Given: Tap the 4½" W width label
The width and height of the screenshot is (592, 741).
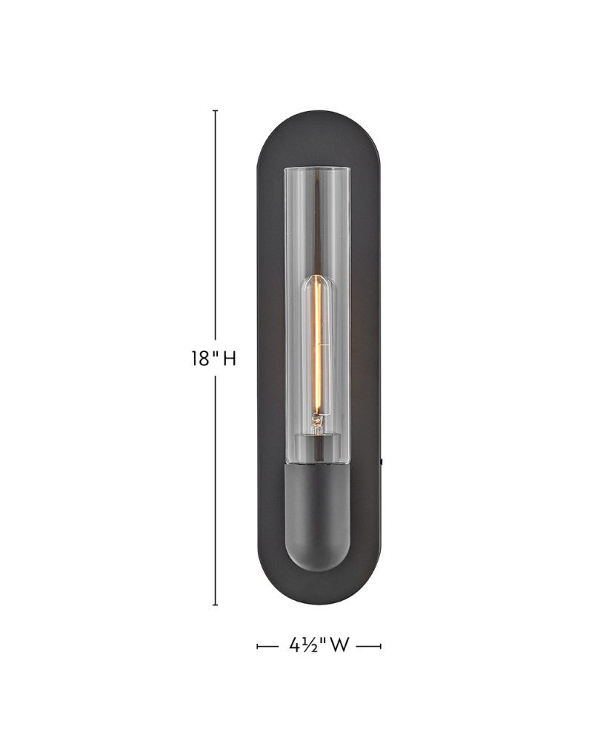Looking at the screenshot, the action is point(319,645).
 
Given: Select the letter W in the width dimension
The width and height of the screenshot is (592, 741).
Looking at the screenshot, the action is point(339,645).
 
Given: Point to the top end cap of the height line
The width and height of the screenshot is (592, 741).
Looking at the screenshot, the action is point(216,110).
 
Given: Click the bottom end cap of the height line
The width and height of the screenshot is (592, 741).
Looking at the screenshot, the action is point(216,605).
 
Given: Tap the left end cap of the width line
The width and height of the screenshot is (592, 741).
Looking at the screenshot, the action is point(257,646).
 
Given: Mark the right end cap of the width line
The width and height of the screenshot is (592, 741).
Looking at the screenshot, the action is point(380,646).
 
